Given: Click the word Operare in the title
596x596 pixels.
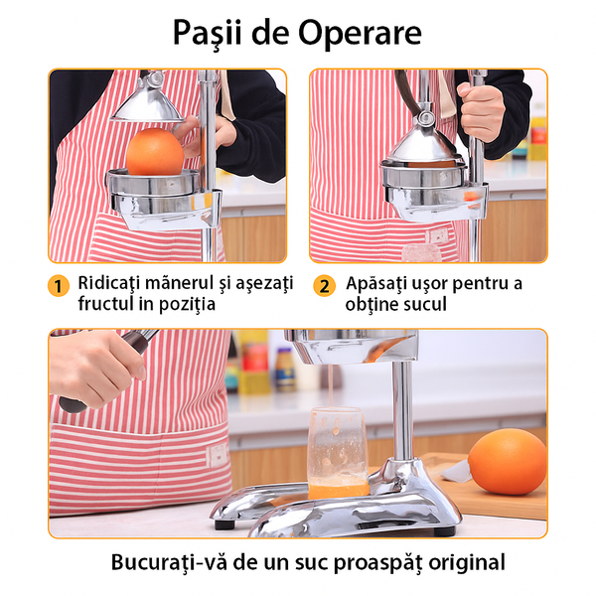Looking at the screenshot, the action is tap(360, 33).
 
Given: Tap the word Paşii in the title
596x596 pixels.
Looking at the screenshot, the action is tap(208, 34).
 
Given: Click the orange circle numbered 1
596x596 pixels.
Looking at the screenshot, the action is tap(59, 286).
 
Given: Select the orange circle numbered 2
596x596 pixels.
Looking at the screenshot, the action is tap(324, 286).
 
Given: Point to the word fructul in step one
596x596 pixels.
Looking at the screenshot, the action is tap(105, 303).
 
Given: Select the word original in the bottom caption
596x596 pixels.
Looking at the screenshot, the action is tap(467, 563).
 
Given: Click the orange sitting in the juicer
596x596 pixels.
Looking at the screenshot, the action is tap(155, 152).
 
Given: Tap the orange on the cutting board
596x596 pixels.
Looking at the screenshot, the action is tap(507, 462).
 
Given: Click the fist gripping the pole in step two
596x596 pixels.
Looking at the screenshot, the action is tap(481, 112).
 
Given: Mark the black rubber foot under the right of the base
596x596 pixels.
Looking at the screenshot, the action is tap(444, 530).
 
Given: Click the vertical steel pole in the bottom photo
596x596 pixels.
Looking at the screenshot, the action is tap(402, 411).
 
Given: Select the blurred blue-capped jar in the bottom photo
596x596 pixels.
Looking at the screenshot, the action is tap(286, 370).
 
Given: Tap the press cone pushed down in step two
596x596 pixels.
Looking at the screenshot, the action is tap(422, 146).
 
